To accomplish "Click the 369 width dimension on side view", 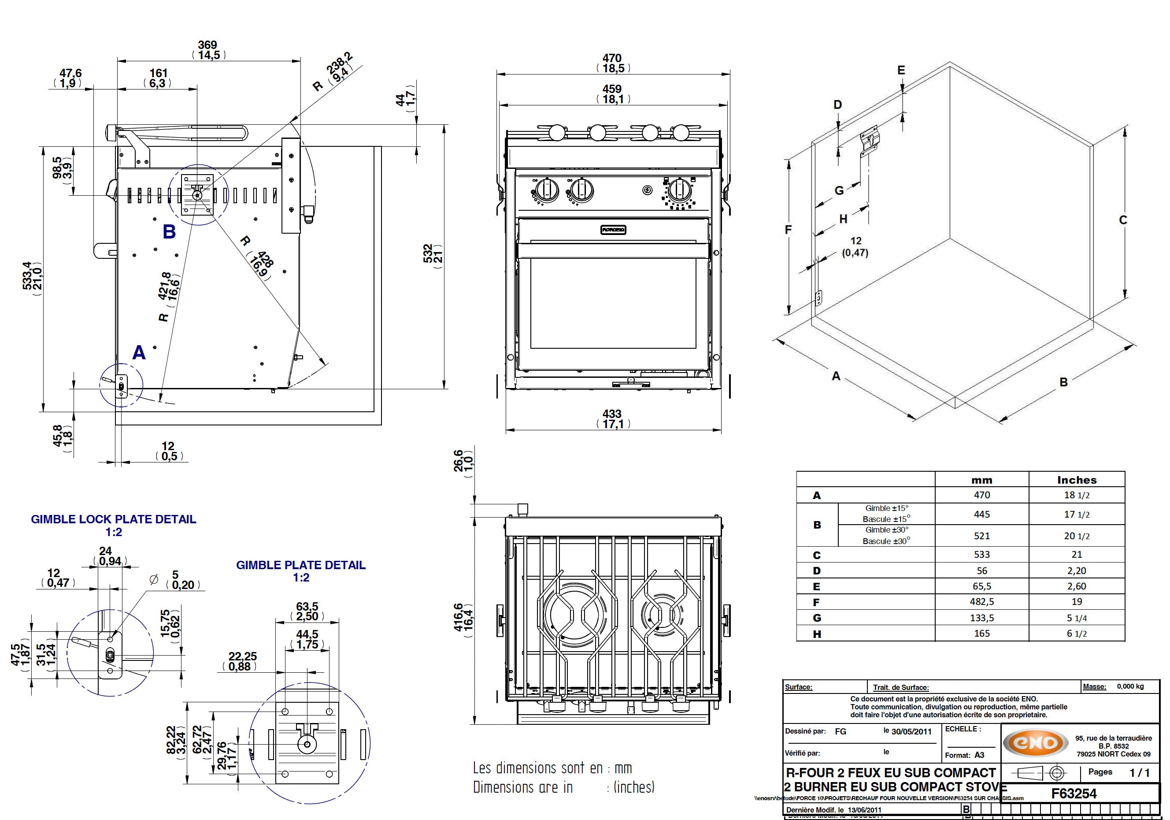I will point(208,45).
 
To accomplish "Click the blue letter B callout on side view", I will point(169,231).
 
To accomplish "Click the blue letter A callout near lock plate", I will point(139,352).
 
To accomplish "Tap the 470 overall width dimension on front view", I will point(612,59).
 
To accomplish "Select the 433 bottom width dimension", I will point(612,414).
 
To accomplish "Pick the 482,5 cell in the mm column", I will point(981,602).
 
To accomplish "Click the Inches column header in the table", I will point(1076,480).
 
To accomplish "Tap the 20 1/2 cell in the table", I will point(1076,536).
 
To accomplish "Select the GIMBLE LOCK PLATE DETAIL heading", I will point(114,519).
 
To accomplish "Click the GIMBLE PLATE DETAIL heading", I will point(301,565).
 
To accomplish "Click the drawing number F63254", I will point(1074,794).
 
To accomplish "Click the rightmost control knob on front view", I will point(679,191).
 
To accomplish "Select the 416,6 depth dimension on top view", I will point(459,617).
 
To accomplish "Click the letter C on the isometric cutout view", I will point(1122,220).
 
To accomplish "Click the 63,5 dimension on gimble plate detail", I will point(307,606).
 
